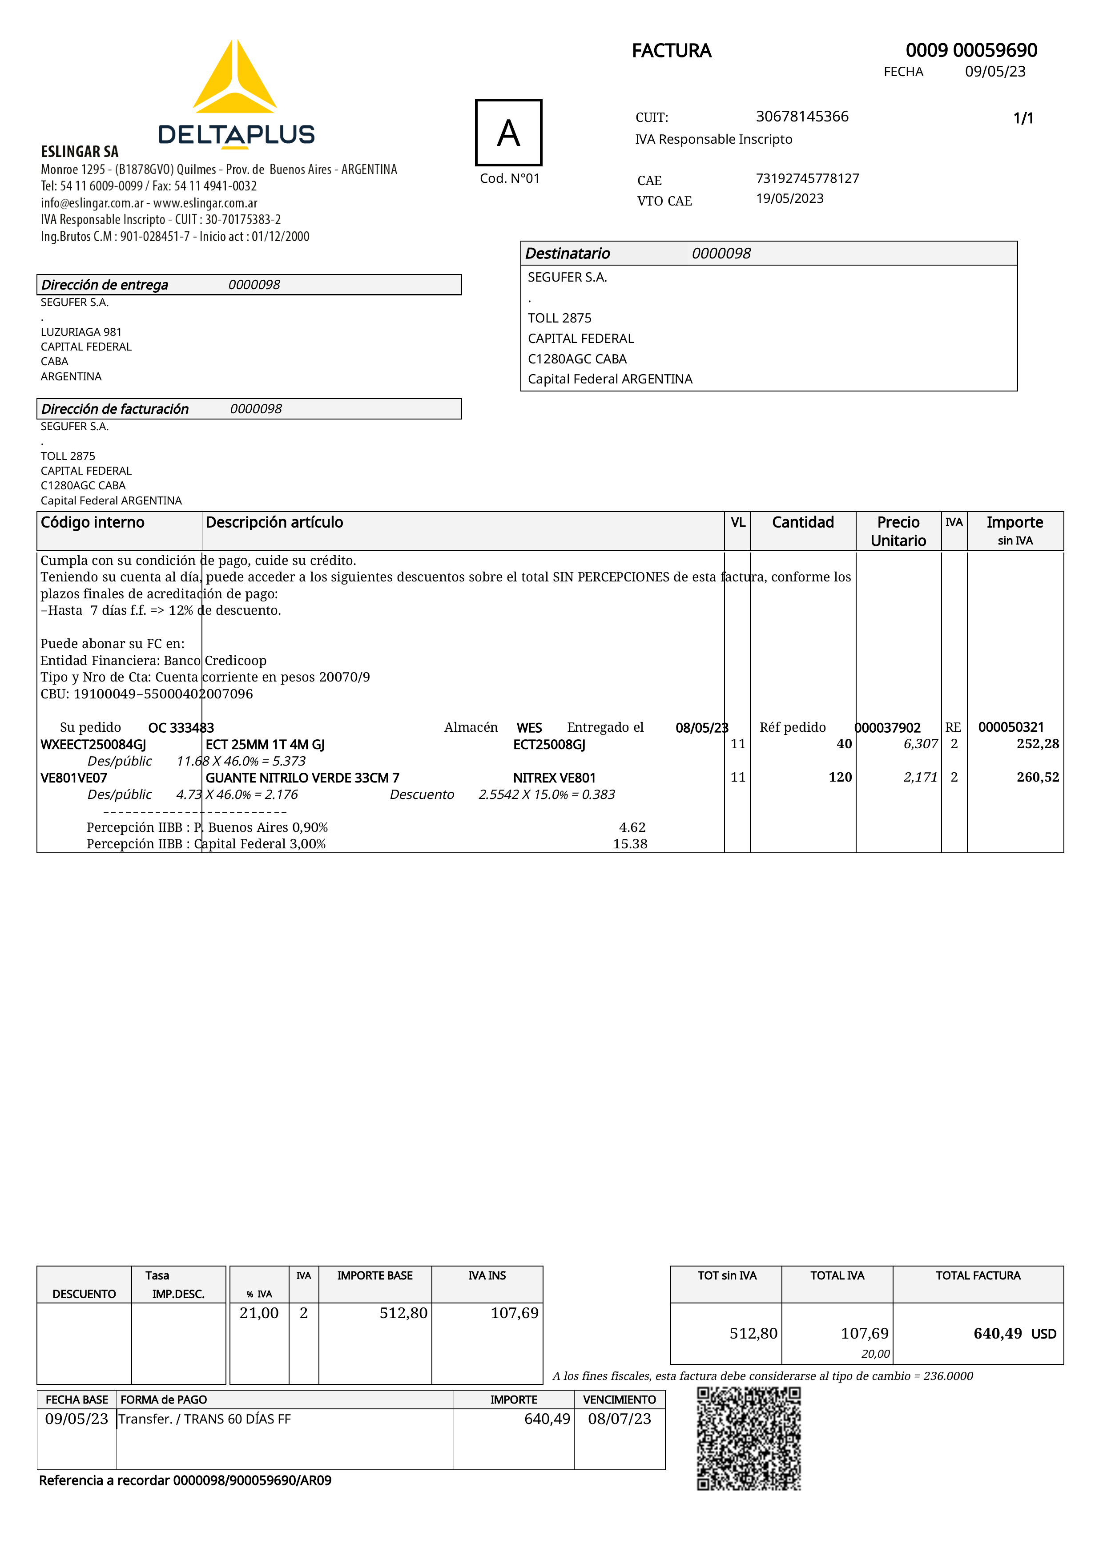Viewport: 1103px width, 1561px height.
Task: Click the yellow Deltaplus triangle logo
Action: click(x=234, y=78)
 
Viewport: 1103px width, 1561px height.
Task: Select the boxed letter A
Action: click(x=508, y=133)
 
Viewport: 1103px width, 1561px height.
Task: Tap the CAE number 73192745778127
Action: click(x=807, y=178)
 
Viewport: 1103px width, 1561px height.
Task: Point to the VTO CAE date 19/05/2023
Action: click(x=790, y=198)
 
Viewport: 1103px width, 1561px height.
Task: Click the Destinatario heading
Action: click(x=568, y=254)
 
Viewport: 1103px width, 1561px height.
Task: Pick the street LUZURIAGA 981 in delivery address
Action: click(x=81, y=332)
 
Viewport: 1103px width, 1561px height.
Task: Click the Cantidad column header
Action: click(x=803, y=522)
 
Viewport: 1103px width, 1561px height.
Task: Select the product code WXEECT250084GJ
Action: click(x=93, y=744)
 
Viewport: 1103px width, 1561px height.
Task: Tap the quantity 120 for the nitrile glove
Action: click(x=840, y=777)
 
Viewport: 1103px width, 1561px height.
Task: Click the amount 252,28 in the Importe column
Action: click(x=1037, y=744)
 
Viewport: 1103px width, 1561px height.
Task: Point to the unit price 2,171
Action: click(x=920, y=777)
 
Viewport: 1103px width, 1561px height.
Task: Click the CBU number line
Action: click(x=146, y=694)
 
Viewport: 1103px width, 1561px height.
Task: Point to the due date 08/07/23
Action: click(x=619, y=1419)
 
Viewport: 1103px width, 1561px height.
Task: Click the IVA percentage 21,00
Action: click(x=259, y=1313)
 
